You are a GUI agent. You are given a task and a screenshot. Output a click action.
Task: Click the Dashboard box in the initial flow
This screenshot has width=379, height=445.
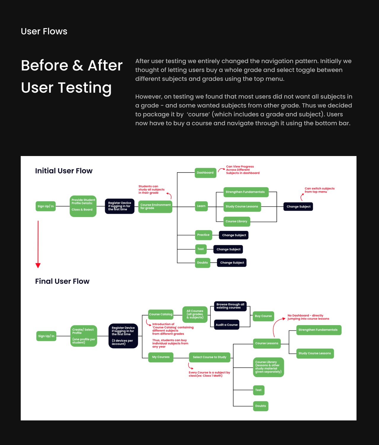pos(205,173)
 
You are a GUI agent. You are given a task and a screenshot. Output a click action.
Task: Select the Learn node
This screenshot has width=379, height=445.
pos(201,206)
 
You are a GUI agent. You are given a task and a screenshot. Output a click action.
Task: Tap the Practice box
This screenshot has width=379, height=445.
pos(203,235)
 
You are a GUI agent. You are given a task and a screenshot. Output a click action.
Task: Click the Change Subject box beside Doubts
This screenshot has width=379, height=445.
pos(232,263)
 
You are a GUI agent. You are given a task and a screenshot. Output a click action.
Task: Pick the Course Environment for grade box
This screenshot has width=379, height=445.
pos(155,206)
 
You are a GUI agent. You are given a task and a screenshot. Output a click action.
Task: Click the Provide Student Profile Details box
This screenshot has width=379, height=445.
pos(83,206)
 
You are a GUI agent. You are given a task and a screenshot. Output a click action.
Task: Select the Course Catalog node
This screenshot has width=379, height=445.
pos(160,314)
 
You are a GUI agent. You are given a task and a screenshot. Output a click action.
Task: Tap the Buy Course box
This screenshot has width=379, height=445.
pos(263,316)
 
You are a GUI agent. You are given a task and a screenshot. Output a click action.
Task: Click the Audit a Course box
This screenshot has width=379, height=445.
pos(227,325)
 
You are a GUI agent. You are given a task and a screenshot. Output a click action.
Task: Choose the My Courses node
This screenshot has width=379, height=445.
pos(161,357)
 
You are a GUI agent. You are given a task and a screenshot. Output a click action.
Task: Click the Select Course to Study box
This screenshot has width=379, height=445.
pos(210,357)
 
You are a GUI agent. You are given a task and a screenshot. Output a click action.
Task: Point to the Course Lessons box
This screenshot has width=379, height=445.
pos(267,343)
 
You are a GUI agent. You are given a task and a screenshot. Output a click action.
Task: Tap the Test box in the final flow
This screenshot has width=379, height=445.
pos(258,390)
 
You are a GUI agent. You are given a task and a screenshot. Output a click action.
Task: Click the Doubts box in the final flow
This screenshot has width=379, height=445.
pos(261,406)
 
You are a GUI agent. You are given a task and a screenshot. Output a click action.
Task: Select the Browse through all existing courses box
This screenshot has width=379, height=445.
pos(230,306)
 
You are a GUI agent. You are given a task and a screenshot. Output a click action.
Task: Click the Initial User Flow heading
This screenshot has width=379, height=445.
pos(64,171)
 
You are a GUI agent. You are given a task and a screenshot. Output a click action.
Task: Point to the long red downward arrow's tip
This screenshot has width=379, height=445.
pos(38,266)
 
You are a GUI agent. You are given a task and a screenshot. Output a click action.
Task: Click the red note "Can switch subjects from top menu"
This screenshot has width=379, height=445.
pos(319,190)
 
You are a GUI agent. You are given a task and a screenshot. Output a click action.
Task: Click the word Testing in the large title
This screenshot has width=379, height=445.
pos(85,88)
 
